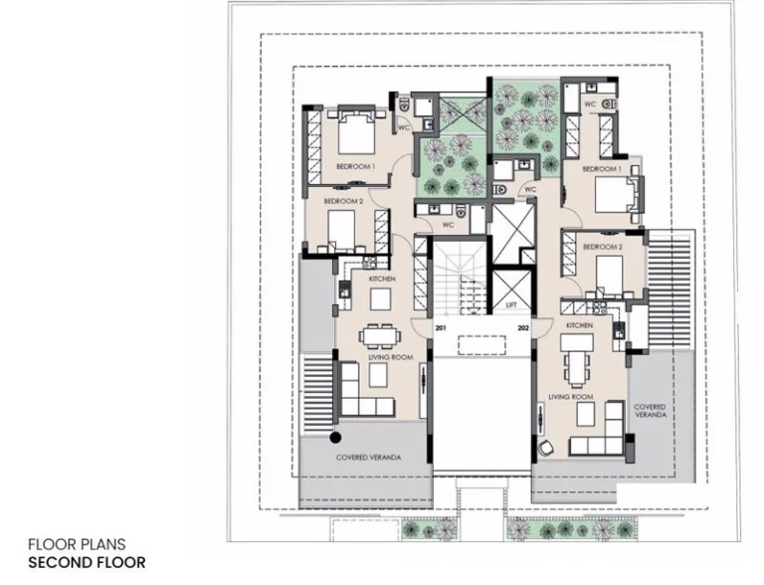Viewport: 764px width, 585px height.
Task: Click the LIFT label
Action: [x=511, y=305]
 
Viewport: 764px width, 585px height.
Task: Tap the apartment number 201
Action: [x=441, y=328]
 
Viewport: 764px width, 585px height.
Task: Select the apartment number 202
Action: [x=523, y=328]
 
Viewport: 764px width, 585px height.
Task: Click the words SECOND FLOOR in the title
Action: [x=87, y=562]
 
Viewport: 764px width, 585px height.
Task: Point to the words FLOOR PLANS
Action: [x=77, y=544]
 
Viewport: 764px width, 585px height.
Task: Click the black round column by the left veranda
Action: [x=335, y=438]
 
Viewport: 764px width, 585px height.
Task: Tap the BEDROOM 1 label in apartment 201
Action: [x=356, y=167]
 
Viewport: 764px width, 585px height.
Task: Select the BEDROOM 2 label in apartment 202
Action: [x=603, y=247]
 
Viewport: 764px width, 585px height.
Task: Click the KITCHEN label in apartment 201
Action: [x=382, y=279]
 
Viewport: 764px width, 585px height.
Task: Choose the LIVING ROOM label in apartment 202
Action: [x=571, y=397]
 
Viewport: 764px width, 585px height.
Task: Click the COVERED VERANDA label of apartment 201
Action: [x=369, y=458]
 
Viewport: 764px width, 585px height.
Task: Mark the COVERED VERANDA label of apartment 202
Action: [x=650, y=411]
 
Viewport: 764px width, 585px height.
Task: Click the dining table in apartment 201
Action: [x=380, y=336]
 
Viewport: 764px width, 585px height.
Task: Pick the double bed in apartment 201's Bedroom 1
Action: [x=357, y=131]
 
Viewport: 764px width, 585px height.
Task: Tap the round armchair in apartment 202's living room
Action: [x=546, y=448]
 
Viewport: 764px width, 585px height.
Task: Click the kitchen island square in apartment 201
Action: [x=380, y=299]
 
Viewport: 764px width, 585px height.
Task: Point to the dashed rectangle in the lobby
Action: [x=481, y=345]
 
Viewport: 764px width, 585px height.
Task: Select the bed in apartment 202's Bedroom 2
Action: [x=609, y=276]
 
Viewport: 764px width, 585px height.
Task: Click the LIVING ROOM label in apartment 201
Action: [x=391, y=357]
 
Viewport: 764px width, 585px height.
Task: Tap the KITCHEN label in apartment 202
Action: [x=579, y=325]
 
